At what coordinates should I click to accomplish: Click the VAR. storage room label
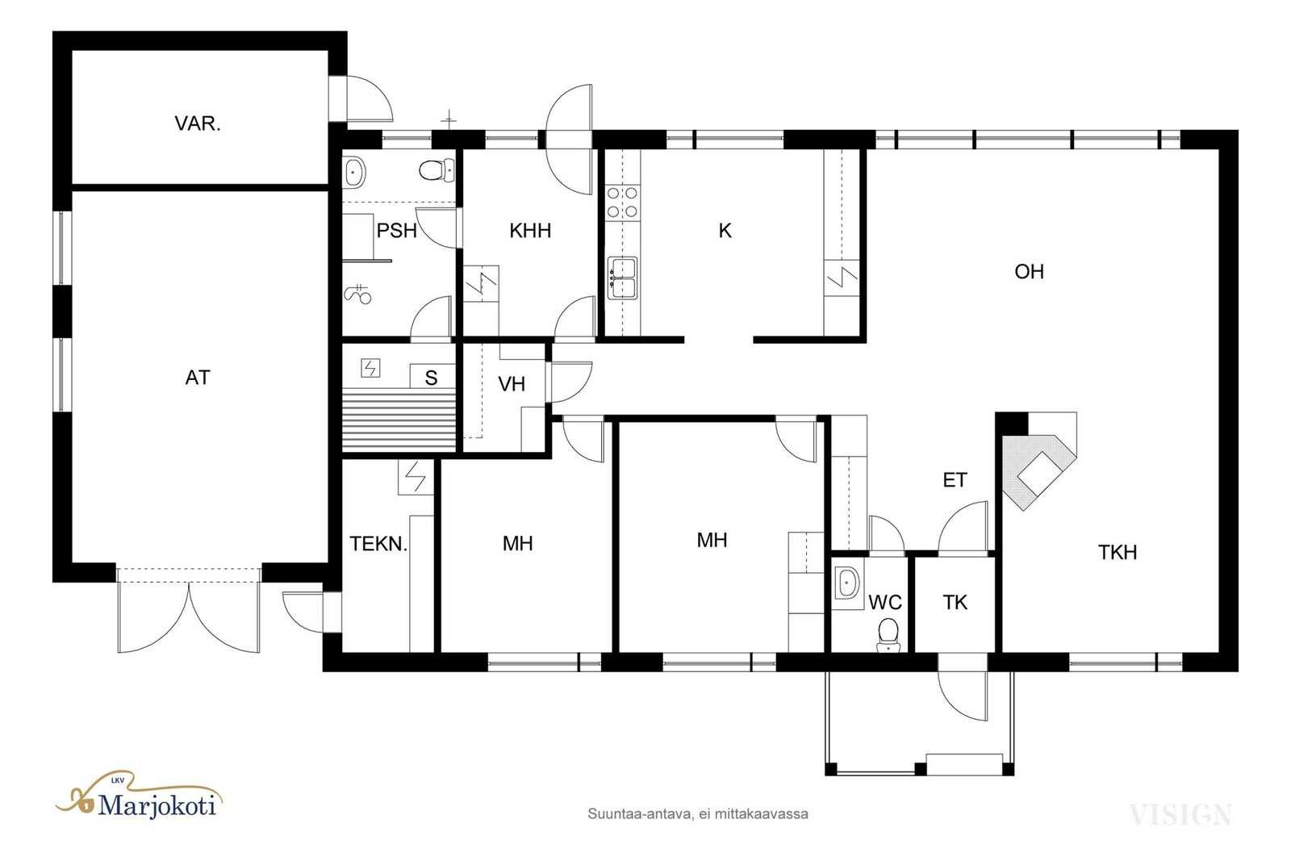point(197,123)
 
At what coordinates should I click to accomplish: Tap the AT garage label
point(198,378)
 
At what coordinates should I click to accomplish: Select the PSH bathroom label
point(396,231)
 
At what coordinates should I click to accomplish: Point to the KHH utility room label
point(530,231)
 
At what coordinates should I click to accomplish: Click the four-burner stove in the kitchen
point(622,203)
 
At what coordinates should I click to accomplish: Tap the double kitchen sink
point(622,278)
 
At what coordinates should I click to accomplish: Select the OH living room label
point(1029,271)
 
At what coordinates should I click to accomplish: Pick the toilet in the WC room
point(888,634)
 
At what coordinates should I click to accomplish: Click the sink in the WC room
point(847,583)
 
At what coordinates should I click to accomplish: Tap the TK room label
point(955,603)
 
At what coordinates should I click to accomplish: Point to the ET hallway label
point(955,480)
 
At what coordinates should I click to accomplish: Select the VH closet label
point(512,384)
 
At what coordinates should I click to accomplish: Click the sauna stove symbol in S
point(370,368)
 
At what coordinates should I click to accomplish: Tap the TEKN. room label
point(378,543)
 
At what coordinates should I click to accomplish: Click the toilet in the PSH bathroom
point(437,170)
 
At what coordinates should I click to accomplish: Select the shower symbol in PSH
point(358,294)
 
